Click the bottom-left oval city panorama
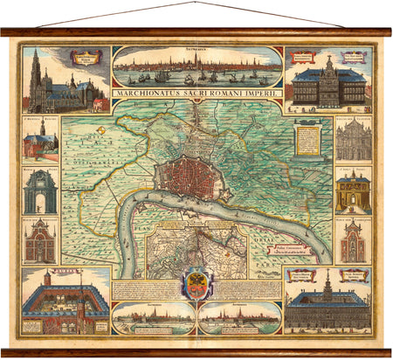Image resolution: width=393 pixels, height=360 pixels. pos(153,318)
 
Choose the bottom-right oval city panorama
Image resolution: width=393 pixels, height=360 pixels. pos(239,318)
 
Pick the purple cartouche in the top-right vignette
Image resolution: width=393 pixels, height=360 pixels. pos(355,59)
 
